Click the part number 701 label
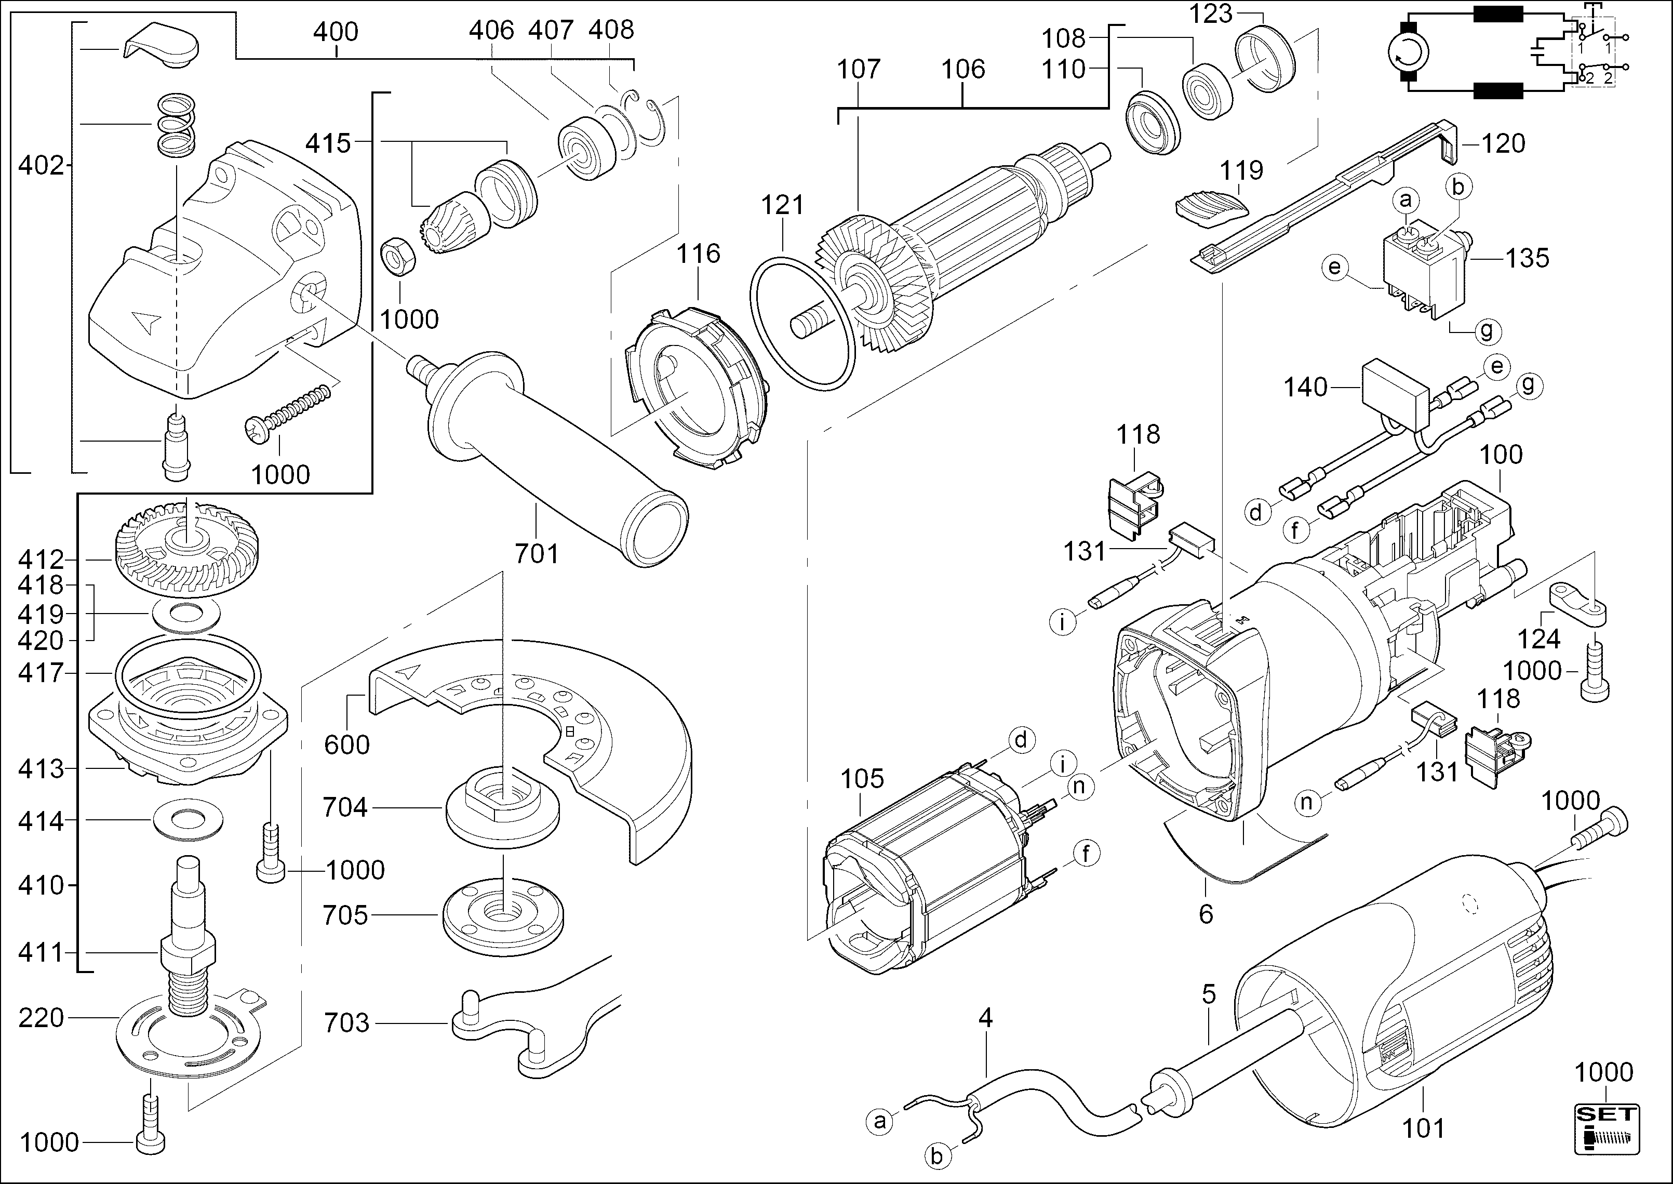tap(537, 554)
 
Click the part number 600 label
tap(347, 744)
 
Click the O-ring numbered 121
tap(802, 321)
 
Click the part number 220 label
tap(42, 1018)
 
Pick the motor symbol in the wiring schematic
tap(1408, 52)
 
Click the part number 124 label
tap(1539, 638)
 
